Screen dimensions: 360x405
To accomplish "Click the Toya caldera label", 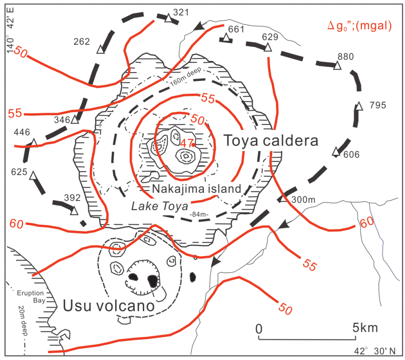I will pyautogui.click(x=271, y=141).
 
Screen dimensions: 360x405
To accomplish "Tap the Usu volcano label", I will pyautogui.click(x=109, y=306).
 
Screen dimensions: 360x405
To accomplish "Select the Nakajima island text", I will pyautogui.click(x=196, y=188).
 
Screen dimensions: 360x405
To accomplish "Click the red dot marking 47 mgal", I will pyautogui.click(x=194, y=145).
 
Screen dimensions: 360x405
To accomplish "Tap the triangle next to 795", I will pyautogui.click(x=359, y=106).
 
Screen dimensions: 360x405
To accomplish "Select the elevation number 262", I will pyautogui.click(x=82, y=42).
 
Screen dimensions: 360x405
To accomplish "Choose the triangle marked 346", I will pyautogui.click(x=75, y=120).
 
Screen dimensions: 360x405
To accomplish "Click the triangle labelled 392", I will pyautogui.click(x=74, y=211).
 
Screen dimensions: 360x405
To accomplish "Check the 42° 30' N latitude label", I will pyautogui.click(x=377, y=351).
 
